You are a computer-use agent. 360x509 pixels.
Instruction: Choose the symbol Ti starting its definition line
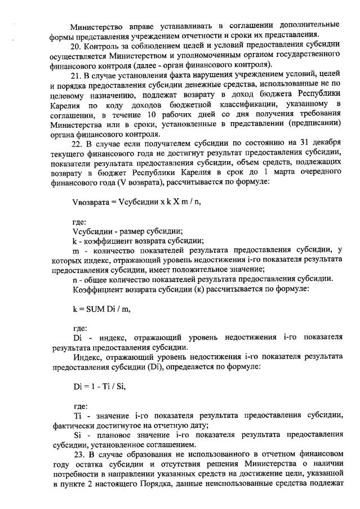(78, 415)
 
